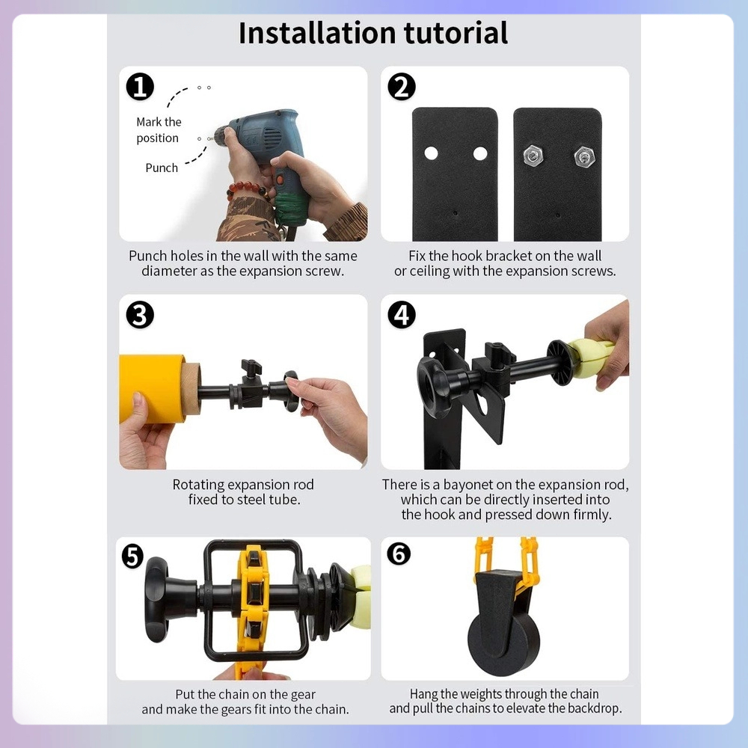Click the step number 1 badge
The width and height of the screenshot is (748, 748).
pos(140,86)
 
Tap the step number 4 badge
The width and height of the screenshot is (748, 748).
pos(402,315)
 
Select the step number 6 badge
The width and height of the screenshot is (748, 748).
pos(399,554)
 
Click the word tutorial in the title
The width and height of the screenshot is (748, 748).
pos(456,33)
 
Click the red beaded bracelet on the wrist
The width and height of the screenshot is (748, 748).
pos(248,189)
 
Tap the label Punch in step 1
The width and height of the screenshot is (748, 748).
pos(162,168)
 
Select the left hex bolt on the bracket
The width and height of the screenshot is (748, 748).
pos(533,155)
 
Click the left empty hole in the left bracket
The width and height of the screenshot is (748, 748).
pos(432,153)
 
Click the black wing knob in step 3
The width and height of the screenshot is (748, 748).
pos(251,367)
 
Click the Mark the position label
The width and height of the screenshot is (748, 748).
pos(159,129)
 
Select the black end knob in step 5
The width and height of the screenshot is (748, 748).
pos(157,599)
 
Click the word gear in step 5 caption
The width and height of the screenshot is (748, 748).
pos(304,695)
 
